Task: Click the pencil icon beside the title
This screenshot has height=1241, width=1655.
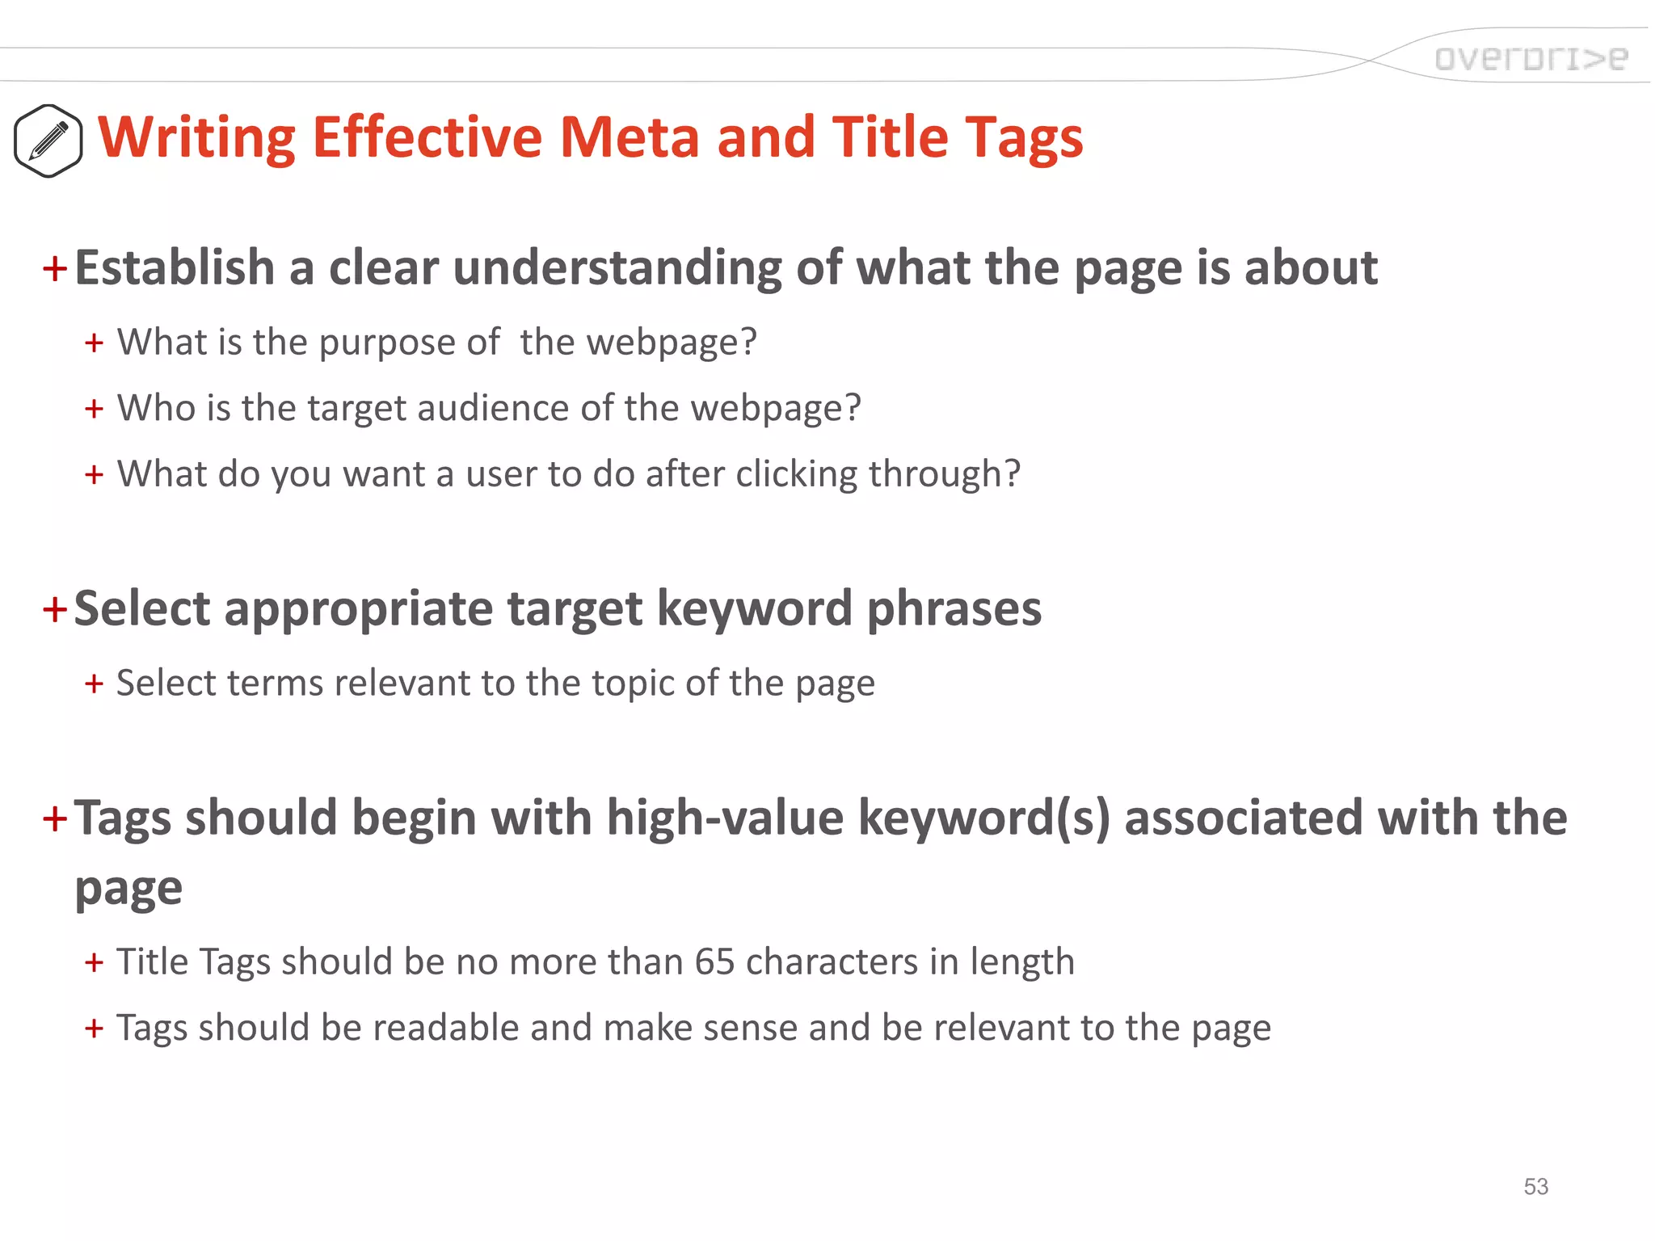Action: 48,141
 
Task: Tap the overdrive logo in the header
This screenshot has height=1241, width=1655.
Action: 1531,58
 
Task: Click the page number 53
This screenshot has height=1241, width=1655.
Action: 1535,1186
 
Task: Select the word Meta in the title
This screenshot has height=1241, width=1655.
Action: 629,137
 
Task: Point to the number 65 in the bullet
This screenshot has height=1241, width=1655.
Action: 714,961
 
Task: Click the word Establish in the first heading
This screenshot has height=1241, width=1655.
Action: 175,267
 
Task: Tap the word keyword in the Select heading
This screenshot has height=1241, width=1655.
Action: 754,608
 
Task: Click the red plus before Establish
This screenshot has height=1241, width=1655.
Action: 54,268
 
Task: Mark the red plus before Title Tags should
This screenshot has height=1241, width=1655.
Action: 94,962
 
